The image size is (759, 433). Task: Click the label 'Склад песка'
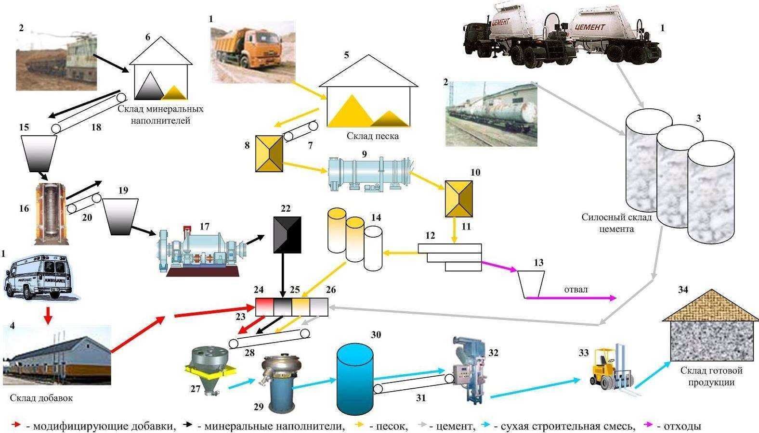(x=373, y=136)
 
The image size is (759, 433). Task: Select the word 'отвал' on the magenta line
(x=576, y=290)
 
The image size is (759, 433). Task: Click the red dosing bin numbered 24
(x=264, y=307)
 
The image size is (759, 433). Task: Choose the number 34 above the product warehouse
(x=683, y=290)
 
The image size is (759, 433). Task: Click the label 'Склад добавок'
(x=41, y=398)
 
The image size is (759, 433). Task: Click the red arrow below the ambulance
(x=47, y=315)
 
